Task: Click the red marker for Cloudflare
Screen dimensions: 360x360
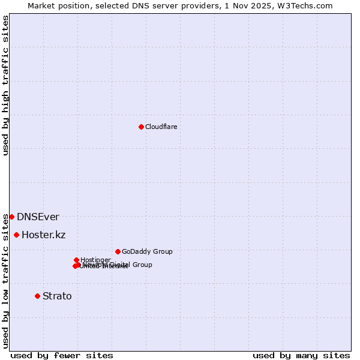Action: [x=141, y=127]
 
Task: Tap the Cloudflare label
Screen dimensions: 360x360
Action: [x=161, y=127]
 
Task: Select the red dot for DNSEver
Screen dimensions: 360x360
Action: [x=11, y=217]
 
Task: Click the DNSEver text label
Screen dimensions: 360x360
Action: [x=38, y=217]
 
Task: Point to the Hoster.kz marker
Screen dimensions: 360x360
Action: [x=16, y=235]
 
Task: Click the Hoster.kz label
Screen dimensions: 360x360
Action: [x=43, y=235]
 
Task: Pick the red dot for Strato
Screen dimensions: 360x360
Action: [x=37, y=296]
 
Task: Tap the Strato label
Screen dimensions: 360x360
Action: [x=57, y=296]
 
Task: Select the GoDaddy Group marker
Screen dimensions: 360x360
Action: [x=118, y=251]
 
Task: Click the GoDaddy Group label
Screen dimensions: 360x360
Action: [x=147, y=251]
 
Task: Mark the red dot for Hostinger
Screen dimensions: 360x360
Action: [x=76, y=260]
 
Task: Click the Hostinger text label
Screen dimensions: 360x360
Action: [x=95, y=260]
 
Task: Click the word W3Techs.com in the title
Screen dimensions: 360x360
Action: [x=308, y=5]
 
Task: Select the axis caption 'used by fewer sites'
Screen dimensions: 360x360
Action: [x=62, y=355]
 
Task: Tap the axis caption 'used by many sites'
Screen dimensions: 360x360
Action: [x=301, y=355]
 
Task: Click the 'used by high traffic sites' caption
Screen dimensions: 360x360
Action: [x=5, y=85]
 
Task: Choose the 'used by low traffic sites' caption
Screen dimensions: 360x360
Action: [x=5, y=281]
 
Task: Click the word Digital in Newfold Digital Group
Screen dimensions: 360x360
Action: [x=121, y=265]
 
